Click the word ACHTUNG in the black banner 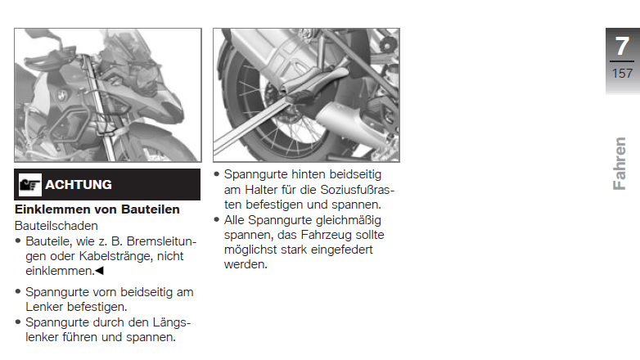click(79, 184)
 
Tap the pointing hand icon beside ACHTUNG click(29, 185)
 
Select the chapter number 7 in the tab click(622, 46)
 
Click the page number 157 click(622, 74)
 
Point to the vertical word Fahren click(620, 164)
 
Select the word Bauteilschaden click(56, 226)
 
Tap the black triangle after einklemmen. click(99, 271)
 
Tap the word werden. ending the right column click(246, 264)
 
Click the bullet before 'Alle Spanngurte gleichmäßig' click(217, 219)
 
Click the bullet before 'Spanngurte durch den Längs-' click(18, 322)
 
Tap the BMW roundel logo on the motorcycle click(61, 97)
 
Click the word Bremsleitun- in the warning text click(161, 241)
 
